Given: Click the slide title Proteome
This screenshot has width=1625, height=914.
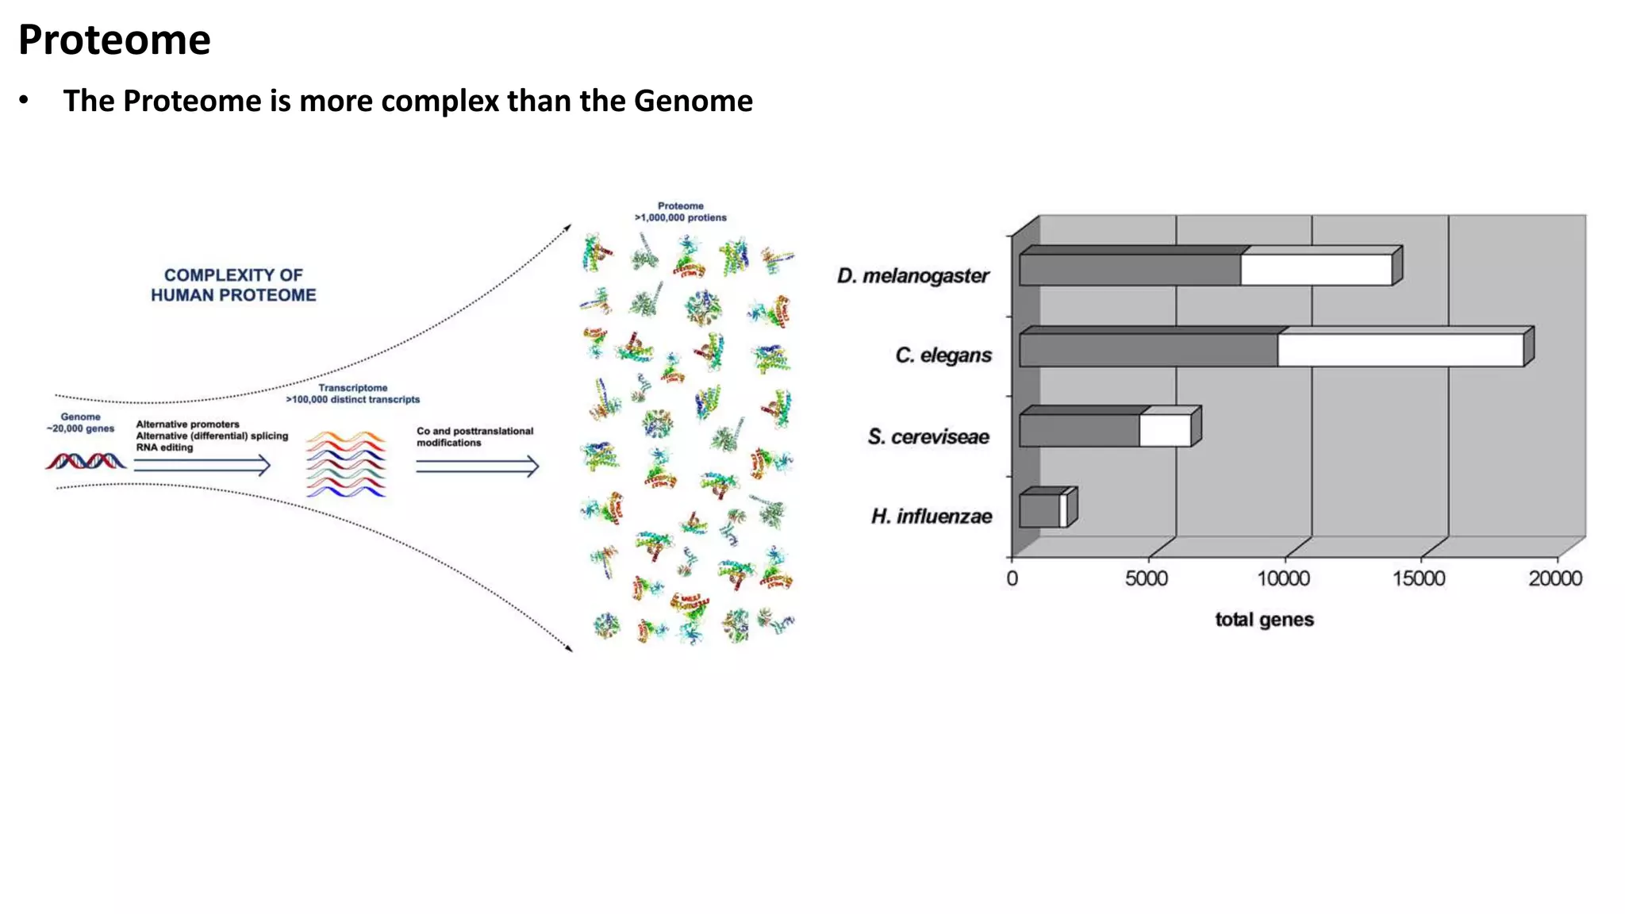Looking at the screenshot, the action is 114,40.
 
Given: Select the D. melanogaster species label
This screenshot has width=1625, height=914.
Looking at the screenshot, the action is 912,276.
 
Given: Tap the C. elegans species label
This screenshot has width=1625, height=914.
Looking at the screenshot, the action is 943,355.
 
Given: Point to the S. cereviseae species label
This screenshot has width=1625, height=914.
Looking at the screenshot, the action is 928,436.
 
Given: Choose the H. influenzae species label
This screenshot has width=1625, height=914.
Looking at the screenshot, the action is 932,517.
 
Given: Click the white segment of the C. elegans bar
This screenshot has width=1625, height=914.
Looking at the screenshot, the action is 1400,350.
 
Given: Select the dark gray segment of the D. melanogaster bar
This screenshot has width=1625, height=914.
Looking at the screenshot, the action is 1130,270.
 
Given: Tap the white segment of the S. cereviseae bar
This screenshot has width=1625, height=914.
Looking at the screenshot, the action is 1165,431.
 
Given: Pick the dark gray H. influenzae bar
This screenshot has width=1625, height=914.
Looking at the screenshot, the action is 1039,511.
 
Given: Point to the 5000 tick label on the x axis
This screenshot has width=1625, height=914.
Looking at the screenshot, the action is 1147,578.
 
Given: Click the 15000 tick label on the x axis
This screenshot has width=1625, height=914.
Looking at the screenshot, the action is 1419,578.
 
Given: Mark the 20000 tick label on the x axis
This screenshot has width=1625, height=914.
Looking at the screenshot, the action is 1555,578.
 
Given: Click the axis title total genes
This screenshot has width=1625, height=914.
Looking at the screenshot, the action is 1264,620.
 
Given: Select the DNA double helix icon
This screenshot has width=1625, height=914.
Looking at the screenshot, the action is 86,461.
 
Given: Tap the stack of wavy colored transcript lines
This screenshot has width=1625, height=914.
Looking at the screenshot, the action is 346,464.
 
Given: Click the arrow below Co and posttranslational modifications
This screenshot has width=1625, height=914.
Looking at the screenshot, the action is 478,467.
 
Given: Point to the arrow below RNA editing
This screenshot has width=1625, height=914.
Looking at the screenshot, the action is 202,466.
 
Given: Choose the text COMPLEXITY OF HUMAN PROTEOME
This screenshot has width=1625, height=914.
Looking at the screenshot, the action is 233,285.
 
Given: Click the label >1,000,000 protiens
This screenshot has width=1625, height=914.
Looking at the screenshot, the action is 680,217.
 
